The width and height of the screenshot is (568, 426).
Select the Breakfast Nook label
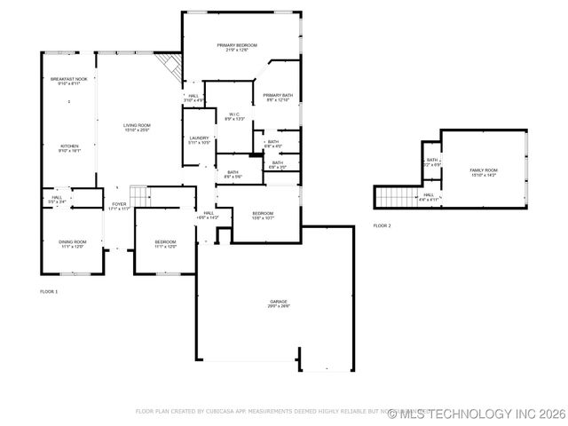69,81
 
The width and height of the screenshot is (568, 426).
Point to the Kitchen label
69,148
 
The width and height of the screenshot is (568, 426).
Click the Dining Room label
73,243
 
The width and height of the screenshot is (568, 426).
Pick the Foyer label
119,206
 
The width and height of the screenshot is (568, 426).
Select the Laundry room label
200,139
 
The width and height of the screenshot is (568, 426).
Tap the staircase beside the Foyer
138,195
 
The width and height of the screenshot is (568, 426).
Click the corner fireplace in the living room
169,65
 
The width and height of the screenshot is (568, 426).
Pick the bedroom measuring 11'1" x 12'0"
166,243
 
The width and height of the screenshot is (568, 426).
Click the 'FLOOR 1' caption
49,291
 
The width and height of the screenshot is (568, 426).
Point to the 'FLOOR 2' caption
382,225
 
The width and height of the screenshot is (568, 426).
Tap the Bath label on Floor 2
432,162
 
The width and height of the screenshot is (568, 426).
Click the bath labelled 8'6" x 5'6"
233,174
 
